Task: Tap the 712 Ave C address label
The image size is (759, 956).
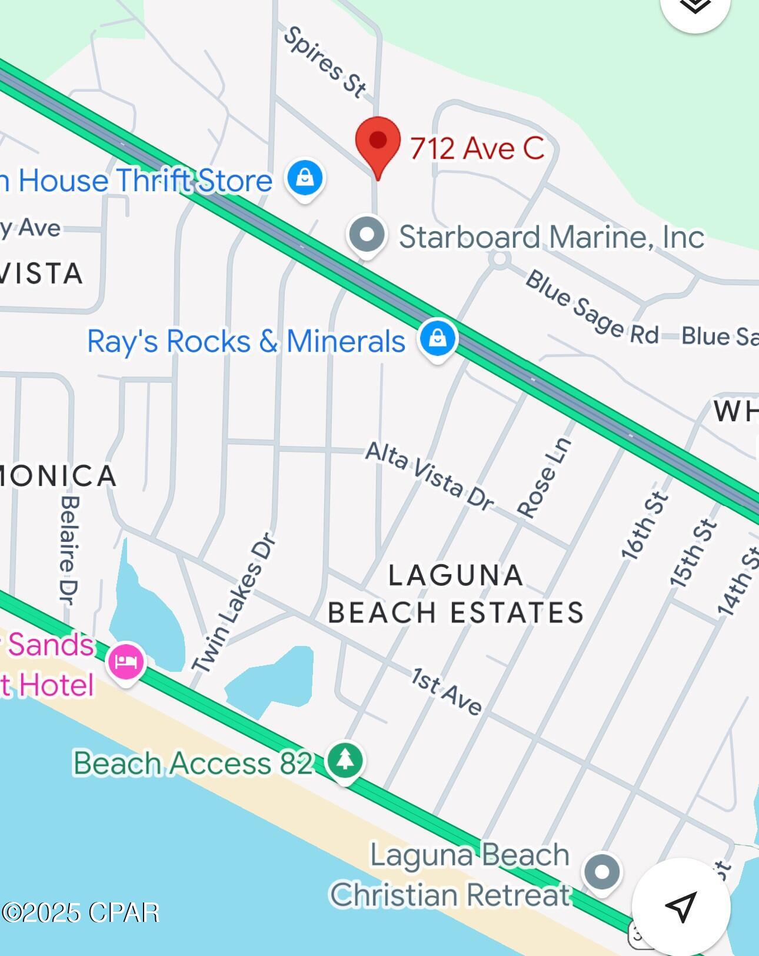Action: coord(477,148)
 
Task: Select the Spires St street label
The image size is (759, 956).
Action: coord(325,61)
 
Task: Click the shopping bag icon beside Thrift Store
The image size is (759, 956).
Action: coord(305,178)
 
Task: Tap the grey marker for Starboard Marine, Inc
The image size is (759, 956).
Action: coord(367,234)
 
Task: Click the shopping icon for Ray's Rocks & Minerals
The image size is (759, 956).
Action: coord(437,339)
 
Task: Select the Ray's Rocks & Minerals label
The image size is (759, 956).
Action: coord(246,341)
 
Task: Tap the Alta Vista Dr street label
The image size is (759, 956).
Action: coord(429,476)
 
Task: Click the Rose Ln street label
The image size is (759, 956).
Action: coord(545,478)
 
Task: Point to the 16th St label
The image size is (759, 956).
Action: coord(645,525)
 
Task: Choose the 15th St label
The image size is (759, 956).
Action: coord(694,554)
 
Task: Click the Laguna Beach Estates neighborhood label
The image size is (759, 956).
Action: coord(456,594)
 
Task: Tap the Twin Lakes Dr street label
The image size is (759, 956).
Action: coord(234,602)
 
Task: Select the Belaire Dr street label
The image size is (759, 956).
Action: coord(69,550)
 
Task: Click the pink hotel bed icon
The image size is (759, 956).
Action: coord(126,661)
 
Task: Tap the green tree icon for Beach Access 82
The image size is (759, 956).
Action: coord(345,760)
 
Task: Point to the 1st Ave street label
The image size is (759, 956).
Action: coord(446,692)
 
